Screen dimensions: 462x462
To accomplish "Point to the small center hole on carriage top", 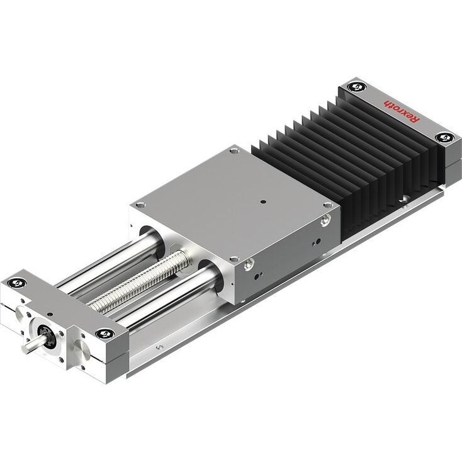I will pyautogui.click(x=262, y=202).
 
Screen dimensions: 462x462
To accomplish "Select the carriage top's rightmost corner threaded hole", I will pyautogui.click(x=327, y=205).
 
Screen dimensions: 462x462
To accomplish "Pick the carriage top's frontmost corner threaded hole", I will pyautogui.click(x=234, y=258).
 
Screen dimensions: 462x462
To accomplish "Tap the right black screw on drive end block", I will pyautogui.click(x=102, y=333).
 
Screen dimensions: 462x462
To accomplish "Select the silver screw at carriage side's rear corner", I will pyautogui.click(x=325, y=220).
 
